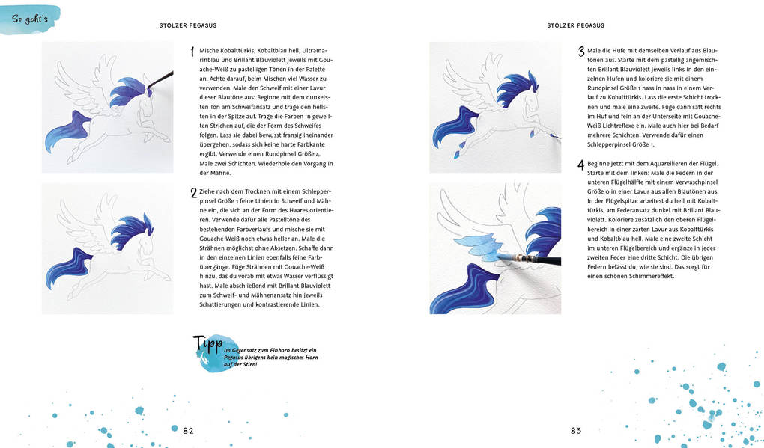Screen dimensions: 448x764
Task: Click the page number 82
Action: tap(188, 430)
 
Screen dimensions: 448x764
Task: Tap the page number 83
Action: tap(575, 430)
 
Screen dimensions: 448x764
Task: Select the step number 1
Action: tap(192, 52)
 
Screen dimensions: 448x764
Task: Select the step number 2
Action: tap(192, 193)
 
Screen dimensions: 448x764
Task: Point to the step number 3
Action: tap(580, 52)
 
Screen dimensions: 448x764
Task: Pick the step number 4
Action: tap(580, 164)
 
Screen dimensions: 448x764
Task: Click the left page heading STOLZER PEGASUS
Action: tap(188, 25)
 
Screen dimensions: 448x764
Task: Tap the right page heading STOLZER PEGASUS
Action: tap(575, 25)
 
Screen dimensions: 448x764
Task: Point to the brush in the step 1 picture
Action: tap(162, 78)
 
